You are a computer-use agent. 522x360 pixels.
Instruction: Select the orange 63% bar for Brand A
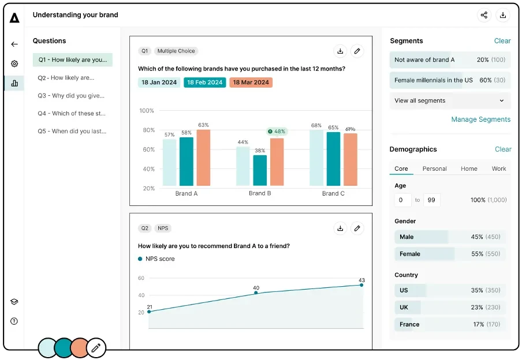click(x=203, y=157)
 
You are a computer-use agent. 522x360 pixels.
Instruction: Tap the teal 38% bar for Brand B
click(x=260, y=170)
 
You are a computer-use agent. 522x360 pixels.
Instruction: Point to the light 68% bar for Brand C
click(x=316, y=157)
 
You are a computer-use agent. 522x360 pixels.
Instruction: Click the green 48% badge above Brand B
click(x=277, y=132)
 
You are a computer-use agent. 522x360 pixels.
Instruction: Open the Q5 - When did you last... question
click(x=72, y=131)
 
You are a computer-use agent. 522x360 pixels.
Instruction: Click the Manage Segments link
click(x=480, y=119)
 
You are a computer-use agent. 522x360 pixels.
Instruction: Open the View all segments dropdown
click(x=449, y=100)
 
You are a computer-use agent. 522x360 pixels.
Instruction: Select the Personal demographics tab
click(x=434, y=168)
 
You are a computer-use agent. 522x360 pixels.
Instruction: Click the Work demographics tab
click(x=499, y=168)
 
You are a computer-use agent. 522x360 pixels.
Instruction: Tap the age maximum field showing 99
click(x=431, y=200)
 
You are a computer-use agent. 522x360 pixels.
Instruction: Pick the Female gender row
click(x=449, y=254)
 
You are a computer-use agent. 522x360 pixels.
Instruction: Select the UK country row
click(x=449, y=307)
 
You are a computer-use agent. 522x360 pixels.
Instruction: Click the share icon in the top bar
click(x=484, y=16)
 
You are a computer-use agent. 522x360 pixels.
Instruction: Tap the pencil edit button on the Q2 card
click(x=357, y=228)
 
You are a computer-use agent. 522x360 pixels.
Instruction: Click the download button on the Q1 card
click(x=340, y=51)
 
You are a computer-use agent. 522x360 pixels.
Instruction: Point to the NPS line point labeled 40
click(x=256, y=293)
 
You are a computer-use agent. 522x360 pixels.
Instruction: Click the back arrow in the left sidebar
click(x=14, y=44)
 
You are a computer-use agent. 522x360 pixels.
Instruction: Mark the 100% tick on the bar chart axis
click(x=147, y=111)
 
